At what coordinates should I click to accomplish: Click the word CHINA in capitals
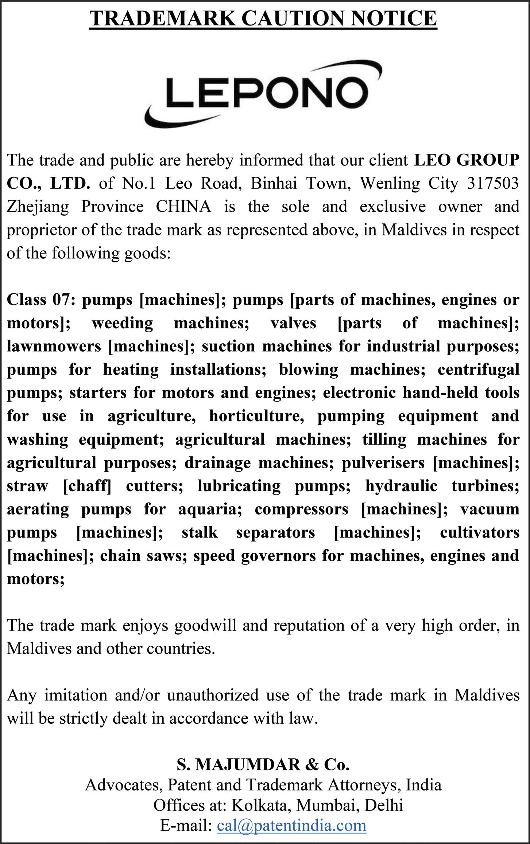click(183, 207)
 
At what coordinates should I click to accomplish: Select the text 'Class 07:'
click(40, 300)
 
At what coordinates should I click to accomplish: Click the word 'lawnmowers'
click(54, 346)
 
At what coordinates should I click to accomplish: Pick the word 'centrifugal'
click(478, 370)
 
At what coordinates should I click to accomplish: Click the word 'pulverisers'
click(383, 463)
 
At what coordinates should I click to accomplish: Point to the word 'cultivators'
click(480, 532)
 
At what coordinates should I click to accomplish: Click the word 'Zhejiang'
click(38, 207)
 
